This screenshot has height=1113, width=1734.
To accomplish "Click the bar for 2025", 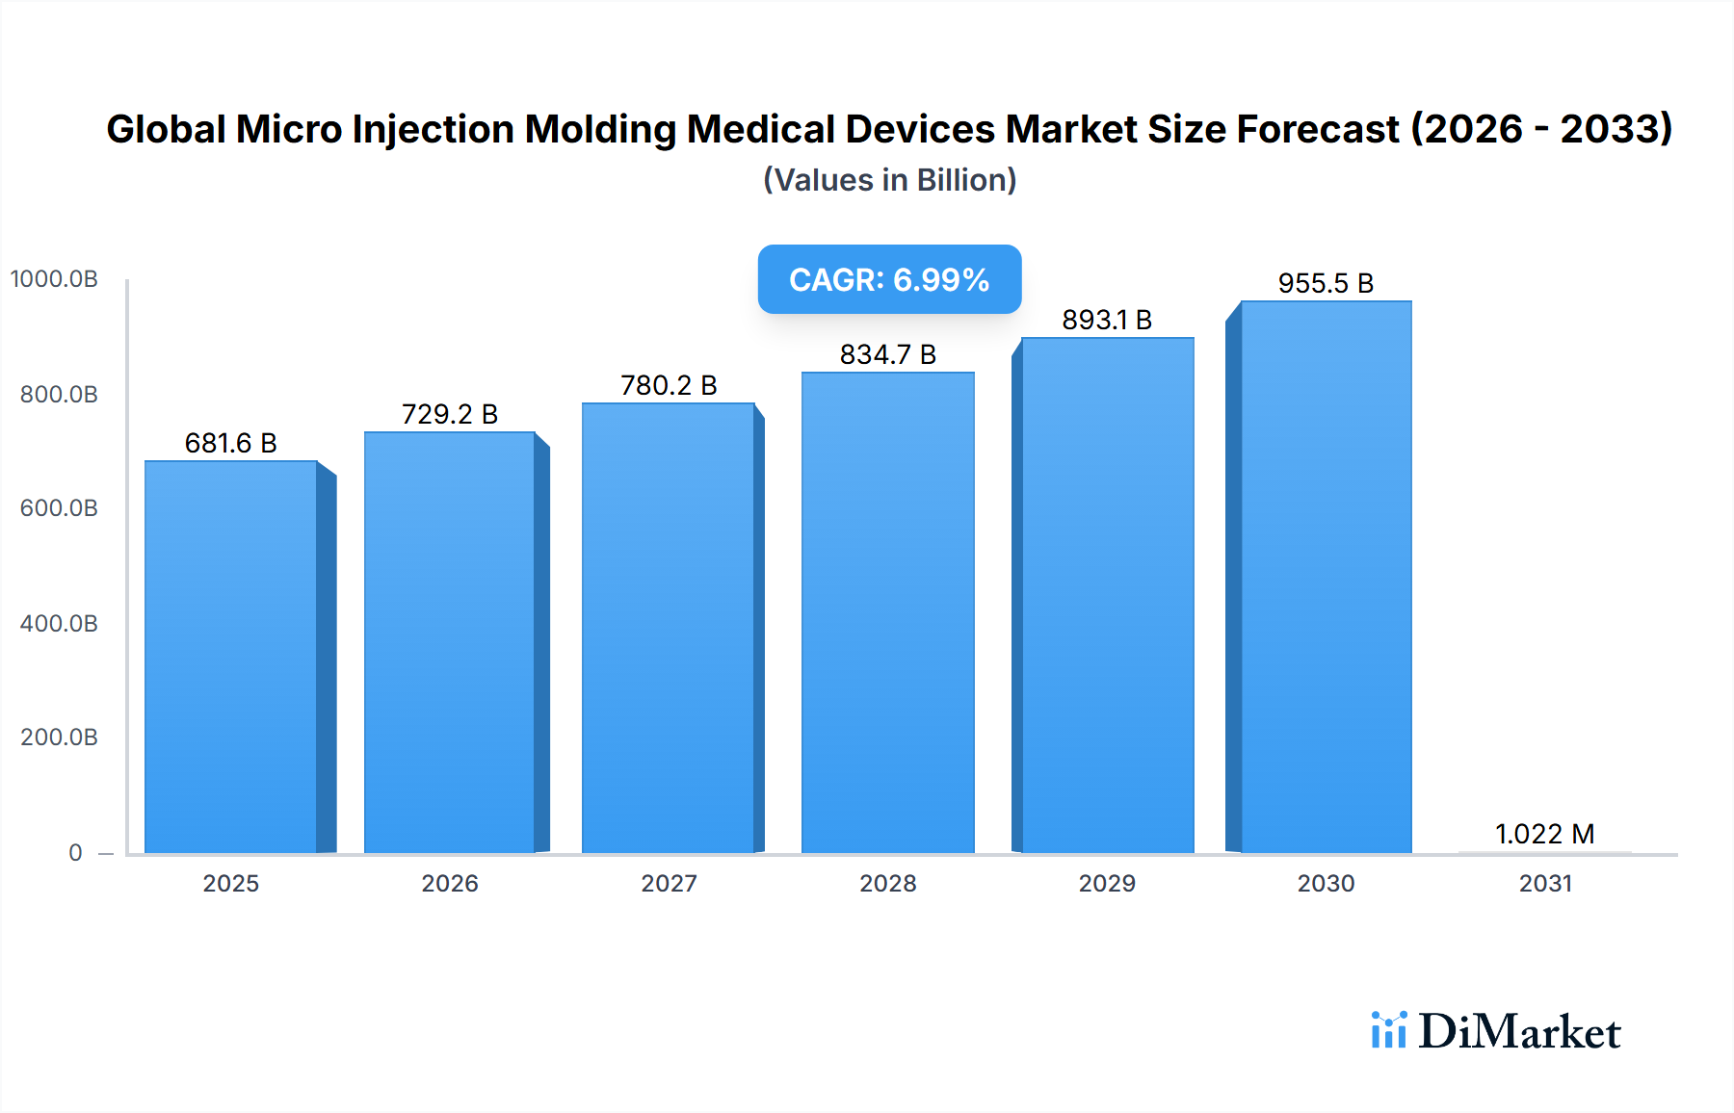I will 231,657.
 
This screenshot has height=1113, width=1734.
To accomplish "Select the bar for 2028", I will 887,612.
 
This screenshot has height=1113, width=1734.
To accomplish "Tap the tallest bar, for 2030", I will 1326,578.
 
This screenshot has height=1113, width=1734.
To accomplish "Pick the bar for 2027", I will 668,628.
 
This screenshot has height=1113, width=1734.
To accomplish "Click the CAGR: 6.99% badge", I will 889,279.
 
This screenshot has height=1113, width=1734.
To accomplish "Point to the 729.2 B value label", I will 450,414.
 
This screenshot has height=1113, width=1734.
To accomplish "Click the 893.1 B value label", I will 1107,320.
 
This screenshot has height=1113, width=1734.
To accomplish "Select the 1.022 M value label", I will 1544,834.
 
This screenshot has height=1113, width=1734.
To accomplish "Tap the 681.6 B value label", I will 231,443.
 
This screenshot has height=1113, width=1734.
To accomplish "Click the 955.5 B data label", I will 1326,283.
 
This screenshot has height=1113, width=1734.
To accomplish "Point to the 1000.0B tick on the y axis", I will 55,279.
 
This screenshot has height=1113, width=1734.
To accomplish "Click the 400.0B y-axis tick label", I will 59,623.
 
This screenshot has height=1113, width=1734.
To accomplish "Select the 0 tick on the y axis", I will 75,852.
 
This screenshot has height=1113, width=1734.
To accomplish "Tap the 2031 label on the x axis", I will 1545,883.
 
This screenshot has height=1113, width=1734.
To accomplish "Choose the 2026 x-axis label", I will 450,883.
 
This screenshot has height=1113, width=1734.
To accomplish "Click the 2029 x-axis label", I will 1107,883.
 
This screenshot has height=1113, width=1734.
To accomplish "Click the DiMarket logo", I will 1496,1031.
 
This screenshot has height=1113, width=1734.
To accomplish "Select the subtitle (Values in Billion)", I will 889,180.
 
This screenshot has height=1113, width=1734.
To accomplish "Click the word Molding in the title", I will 600,129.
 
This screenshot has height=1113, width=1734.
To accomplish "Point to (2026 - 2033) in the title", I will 1541,129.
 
